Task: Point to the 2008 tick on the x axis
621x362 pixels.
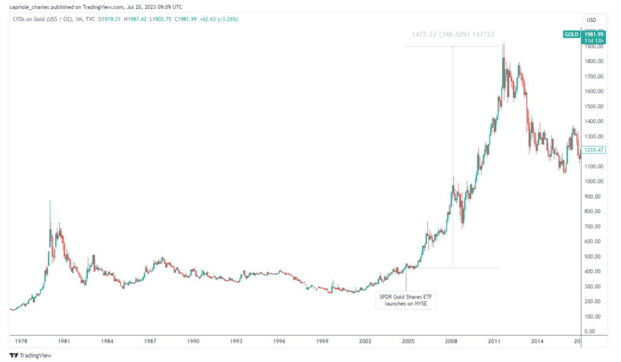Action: [451, 342]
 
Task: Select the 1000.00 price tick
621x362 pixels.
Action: [592, 182]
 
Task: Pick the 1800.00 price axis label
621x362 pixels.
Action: [592, 61]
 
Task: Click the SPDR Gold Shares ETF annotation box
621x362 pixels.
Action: [406, 299]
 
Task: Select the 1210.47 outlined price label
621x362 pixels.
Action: [592, 149]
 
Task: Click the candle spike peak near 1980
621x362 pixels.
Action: [50, 201]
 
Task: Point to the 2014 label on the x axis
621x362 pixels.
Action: [537, 342]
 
